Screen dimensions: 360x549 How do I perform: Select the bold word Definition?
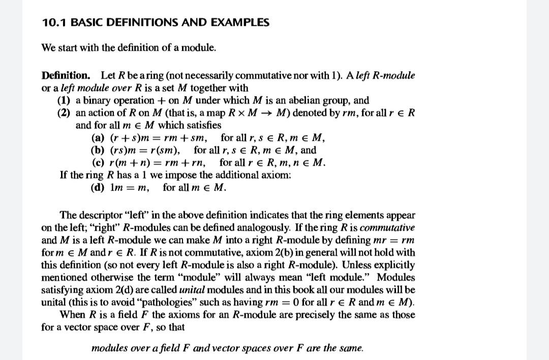pos(66,76)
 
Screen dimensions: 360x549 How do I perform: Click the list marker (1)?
pos(64,100)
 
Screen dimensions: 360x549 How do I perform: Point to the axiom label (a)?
pos(97,137)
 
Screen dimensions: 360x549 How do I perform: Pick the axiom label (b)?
pos(97,150)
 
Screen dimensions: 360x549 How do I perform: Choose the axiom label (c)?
pos(97,163)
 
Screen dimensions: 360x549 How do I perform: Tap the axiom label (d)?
pos(97,187)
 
